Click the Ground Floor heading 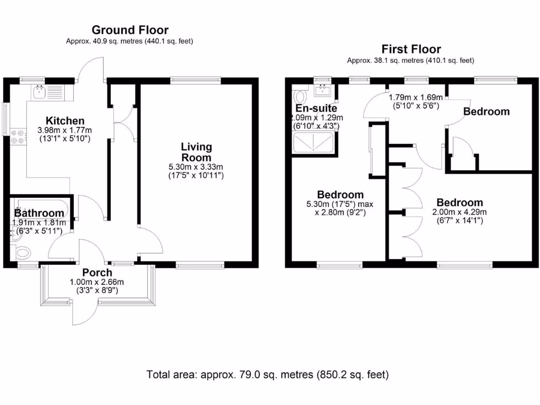click(x=130, y=30)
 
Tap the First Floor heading click(x=411, y=49)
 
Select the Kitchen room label click(x=65, y=121)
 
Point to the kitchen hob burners click(x=18, y=137)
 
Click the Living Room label click(x=196, y=152)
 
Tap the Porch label click(x=97, y=273)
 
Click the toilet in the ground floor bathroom click(x=23, y=253)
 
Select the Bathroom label click(x=39, y=213)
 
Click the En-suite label click(x=316, y=108)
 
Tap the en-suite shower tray click(x=313, y=142)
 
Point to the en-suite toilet click(x=300, y=97)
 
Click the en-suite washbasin click(x=323, y=90)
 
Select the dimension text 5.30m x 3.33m click(x=196, y=167)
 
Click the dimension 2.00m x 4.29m click(x=459, y=212)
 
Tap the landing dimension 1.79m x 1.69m click(x=416, y=98)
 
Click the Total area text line click(x=267, y=374)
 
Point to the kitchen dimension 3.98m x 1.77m click(x=65, y=131)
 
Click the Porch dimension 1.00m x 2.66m click(x=97, y=282)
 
